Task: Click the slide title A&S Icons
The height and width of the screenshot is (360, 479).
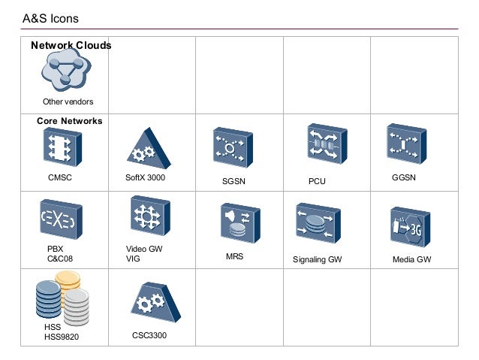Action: (50, 17)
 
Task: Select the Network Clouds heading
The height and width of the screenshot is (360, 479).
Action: (71, 46)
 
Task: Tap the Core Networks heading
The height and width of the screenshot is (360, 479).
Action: (70, 120)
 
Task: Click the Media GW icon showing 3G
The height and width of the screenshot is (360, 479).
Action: (409, 225)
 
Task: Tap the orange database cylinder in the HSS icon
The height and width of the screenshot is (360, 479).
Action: (68, 283)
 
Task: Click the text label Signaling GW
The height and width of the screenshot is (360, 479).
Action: (317, 260)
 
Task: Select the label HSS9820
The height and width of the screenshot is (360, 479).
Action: (61, 337)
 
